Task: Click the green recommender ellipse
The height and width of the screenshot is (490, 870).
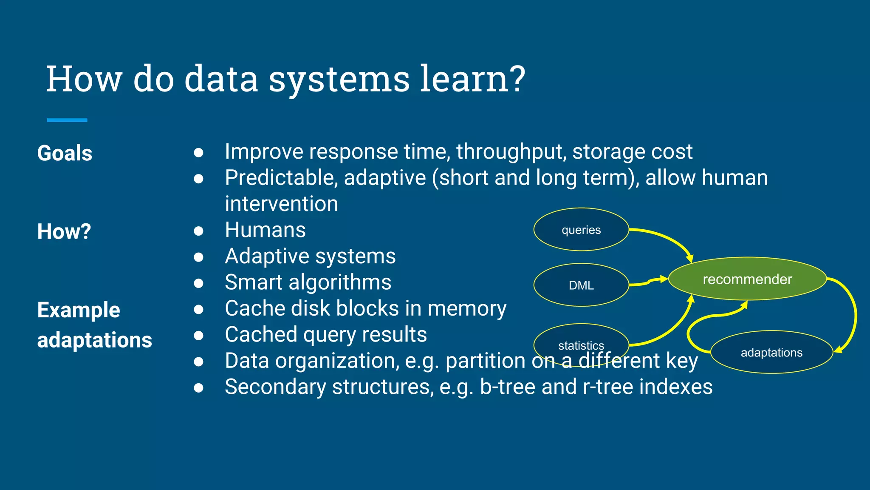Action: click(x=747, y=279)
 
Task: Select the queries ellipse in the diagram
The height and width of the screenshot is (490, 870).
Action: click(x=581, y=230)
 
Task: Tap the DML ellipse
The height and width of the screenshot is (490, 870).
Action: click(x=581, y=285)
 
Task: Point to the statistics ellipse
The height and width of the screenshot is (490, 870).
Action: click(x=581, y=340)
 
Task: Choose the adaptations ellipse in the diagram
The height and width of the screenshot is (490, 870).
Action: click(x=771, y=352)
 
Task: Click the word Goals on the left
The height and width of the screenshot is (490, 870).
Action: click(x=65, y=153)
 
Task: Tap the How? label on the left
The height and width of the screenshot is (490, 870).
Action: click(x=64, y=232)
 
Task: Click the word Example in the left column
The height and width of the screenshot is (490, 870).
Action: click(x=79, y=310)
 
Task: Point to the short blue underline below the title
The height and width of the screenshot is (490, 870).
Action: click(x=67, y=120)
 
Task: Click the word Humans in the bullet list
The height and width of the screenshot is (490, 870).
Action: click(x=265, y=230)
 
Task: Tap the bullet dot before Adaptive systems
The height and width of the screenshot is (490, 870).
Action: click(x=198, y=257)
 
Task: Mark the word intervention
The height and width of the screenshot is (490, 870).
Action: click(x=281, y=204)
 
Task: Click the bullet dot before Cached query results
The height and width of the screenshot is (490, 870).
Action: click(x=198, y=336)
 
